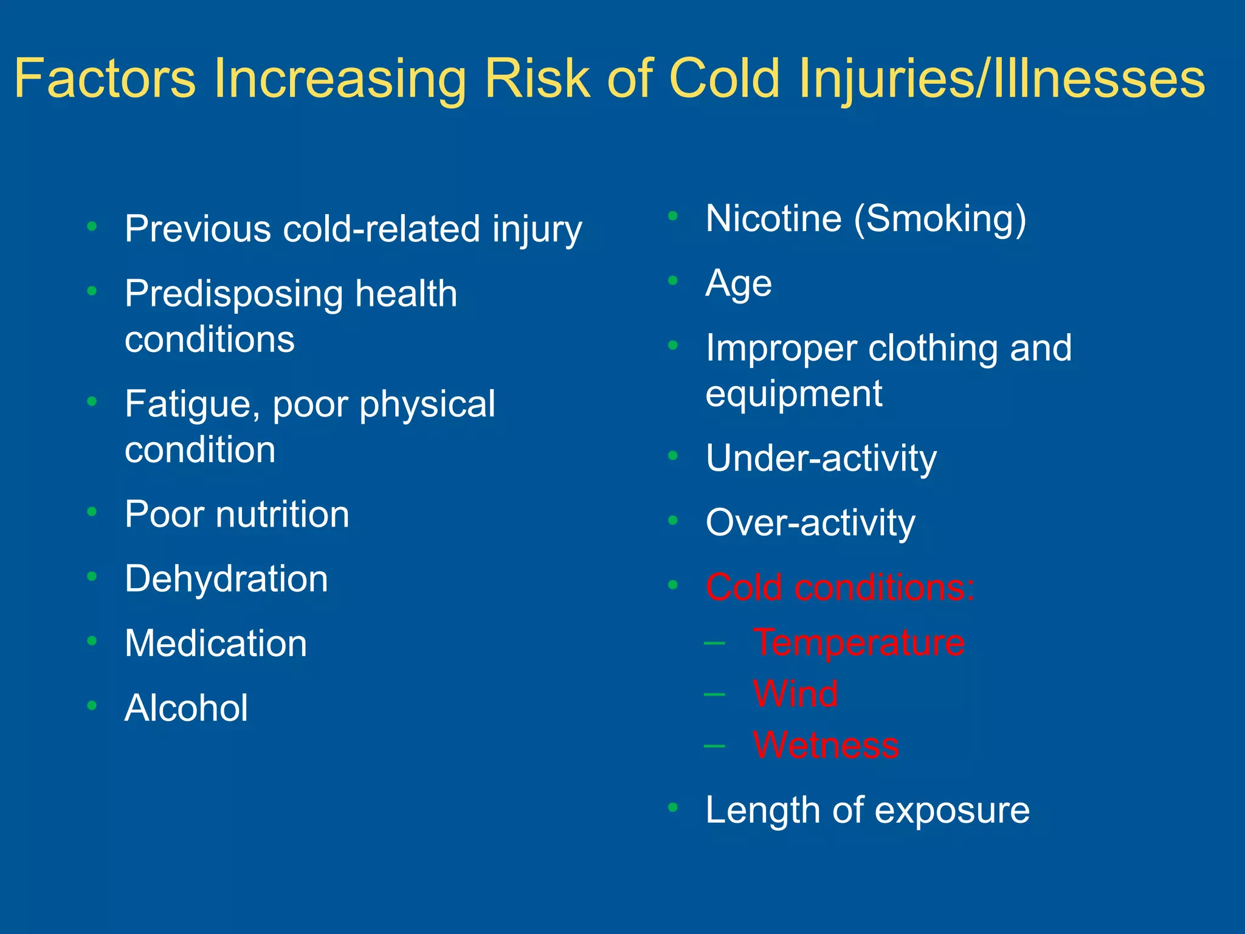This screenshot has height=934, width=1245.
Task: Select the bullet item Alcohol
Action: click(x=186, y=708)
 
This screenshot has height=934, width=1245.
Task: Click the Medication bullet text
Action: click(x=216, y=643)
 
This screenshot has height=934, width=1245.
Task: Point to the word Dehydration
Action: click(x=226, y=578)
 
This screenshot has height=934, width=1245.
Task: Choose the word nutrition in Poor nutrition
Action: click(x=283, y=514)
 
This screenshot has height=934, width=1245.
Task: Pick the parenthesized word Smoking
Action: click(x=940, y=219)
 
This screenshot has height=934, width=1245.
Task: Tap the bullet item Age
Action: click(x=739, y=284)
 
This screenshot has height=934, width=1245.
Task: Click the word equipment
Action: click(x=794, y=393)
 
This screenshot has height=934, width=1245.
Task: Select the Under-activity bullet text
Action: click(x=821, y=458)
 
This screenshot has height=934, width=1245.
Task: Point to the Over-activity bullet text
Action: click(x=810, y=523)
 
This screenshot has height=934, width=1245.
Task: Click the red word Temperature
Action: click(x=858, y=642)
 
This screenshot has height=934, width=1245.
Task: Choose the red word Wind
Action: click(x=795, y=693)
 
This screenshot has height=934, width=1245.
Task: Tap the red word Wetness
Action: click(x=826, y=745)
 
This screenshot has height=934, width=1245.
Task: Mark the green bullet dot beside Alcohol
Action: click(x=92, y=705)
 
